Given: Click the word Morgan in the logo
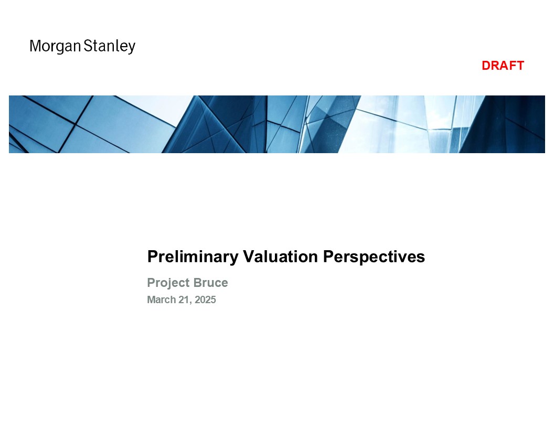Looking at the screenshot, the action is point(56,47).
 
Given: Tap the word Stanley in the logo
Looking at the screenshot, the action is point(110,47).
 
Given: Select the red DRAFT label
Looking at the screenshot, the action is point(503,66).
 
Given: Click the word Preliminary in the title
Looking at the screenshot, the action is point(193,256).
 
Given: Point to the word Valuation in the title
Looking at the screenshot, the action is point(281,256).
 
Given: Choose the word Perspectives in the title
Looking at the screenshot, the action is point(374,257).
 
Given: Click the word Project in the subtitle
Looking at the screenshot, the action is point(168,283).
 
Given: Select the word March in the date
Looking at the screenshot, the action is point(162,300).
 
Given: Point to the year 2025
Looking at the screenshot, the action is point(205,300).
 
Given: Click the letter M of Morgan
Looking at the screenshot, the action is point(35,46).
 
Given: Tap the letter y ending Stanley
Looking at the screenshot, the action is point(132,48).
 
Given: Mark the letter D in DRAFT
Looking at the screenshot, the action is point(486,66).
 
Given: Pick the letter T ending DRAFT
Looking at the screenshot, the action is point(520,66).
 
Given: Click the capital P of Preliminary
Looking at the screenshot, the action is point(152,256).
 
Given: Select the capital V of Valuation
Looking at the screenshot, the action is point(249,256).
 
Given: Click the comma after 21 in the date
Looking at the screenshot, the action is point(191,303).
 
